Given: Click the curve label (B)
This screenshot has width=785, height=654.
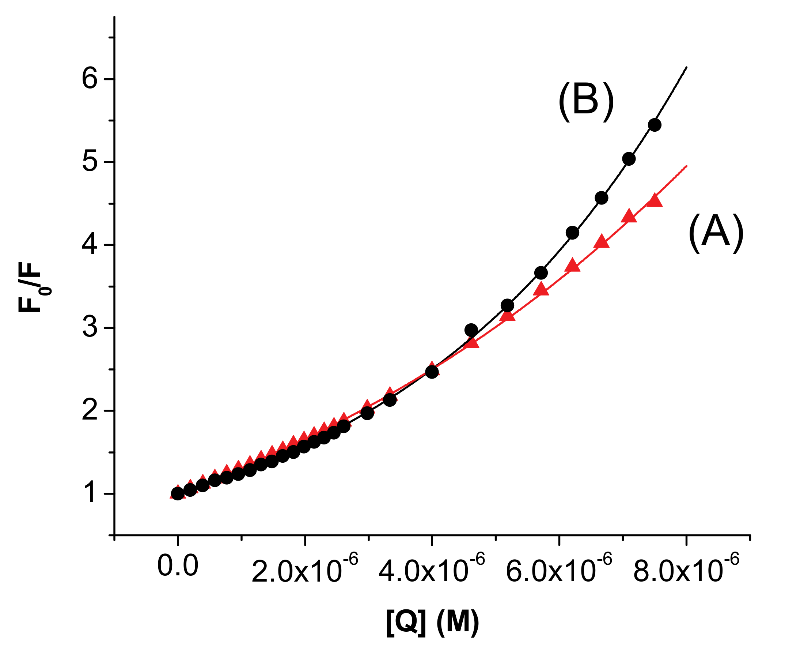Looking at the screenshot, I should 586,102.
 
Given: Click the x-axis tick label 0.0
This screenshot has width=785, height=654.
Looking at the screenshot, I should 178,566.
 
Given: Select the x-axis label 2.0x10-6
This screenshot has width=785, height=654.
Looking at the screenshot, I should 305,569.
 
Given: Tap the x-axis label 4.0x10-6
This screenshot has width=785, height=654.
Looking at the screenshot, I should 432,569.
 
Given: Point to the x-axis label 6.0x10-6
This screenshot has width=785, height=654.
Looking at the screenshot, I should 559,569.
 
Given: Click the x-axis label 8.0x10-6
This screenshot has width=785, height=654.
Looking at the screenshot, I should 686,569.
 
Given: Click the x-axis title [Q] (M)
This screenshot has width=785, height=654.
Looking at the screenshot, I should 432,623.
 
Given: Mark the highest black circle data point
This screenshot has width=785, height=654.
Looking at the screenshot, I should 655,125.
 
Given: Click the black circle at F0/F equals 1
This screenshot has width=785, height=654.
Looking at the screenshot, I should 178,493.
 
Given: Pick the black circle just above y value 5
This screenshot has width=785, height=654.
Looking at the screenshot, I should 629,159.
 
